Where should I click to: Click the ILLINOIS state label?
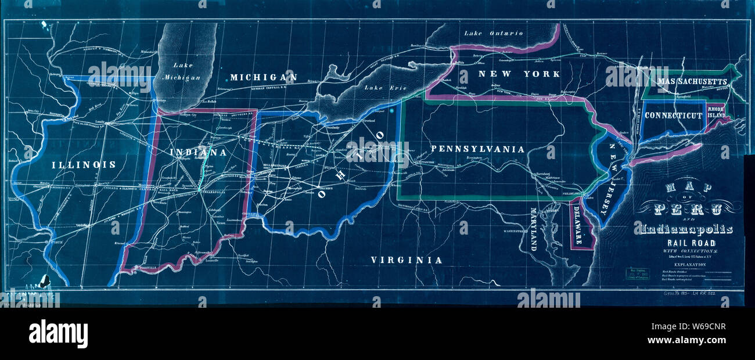[84, 165]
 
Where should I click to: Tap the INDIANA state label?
[198, 153]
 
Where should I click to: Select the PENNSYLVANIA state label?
[477, 149]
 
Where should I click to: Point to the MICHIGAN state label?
[263, 77]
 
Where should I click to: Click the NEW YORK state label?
[519, 74]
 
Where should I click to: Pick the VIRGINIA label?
[407, 261]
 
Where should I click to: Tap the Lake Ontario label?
[493, 34]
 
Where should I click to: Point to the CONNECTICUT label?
[674, 116]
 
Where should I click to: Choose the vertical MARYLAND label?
[534, 228]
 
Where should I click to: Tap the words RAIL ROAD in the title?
[687, 243]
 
